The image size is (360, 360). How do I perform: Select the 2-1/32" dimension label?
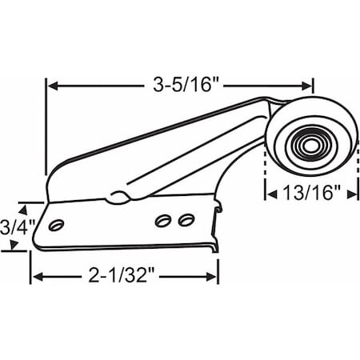(123, 278)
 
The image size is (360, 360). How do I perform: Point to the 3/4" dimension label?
(13, 226)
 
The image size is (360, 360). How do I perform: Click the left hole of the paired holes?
(164, 218)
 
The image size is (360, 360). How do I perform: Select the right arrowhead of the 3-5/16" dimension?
(308, 82)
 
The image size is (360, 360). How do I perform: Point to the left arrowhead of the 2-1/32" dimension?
(36, 278)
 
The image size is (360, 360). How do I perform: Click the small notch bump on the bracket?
(118, 195)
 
